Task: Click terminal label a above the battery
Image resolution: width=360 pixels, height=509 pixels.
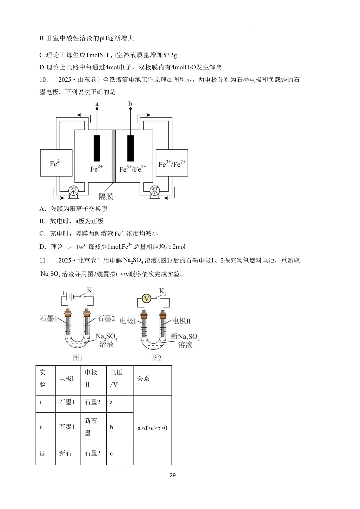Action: pos(97,104)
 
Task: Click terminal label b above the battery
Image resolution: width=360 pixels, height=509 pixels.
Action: pos(130,104)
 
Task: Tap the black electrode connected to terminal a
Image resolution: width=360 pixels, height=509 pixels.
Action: pos(97,148)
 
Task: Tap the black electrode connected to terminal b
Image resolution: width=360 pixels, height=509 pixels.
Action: pos(130,148)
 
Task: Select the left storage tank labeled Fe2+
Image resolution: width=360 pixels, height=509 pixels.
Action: pos(56,163)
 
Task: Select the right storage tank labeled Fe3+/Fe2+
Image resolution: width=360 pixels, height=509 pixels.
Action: pos(172,163)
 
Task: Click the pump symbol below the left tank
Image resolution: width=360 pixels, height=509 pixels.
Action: pos(73,191)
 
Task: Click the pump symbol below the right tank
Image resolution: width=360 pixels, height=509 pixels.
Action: pos(155,191)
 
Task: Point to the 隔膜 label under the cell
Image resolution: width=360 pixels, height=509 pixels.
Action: pos(106,196)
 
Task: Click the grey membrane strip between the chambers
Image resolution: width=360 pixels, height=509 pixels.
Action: pos(114,156)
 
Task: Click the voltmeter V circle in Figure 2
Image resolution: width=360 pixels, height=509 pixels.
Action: pos(147,299)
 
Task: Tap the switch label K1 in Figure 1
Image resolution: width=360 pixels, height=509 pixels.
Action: pos(90,291)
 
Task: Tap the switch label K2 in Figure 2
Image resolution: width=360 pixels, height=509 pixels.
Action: pos(163,291)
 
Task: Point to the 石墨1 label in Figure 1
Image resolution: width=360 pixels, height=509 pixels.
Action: pos(48,318)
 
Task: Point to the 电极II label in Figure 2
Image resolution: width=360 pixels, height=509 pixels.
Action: pos(181,321)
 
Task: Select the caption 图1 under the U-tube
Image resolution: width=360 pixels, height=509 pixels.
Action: pos(77,358)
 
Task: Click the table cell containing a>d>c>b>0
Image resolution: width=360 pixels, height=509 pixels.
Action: pos(153,428)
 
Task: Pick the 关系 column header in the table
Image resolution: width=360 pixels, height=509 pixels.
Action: pos(143,378)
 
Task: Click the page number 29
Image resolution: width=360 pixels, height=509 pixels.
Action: pos(173,475)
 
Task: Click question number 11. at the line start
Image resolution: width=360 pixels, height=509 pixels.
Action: pos(44,260)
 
